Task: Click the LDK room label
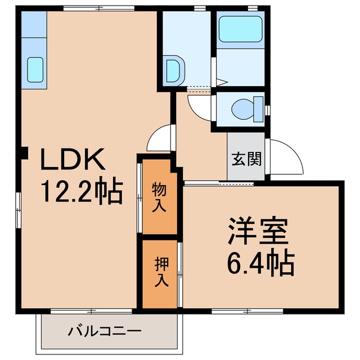click(x=71, y=161)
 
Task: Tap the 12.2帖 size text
click(x=80, y=193)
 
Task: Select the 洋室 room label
click(x=258, y=231)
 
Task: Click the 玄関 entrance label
click(x=246, y=159)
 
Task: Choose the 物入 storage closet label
click(x=159, y=197)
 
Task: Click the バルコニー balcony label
click(x=105, y=331)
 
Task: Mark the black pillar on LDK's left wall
click(x=23, y=152)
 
